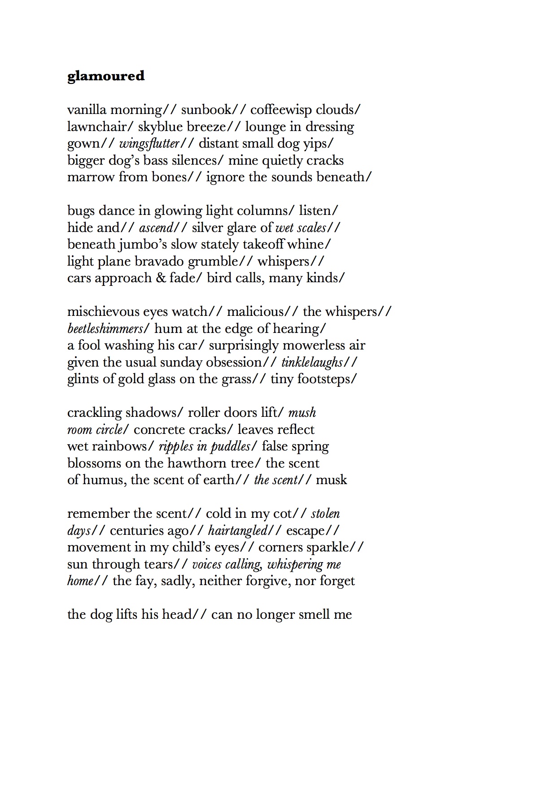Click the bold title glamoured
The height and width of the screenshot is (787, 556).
pos(106,76)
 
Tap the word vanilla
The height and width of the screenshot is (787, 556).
pos(87,110)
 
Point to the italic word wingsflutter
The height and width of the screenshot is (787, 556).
pos(149,144)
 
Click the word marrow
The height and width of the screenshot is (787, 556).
pos(91,177)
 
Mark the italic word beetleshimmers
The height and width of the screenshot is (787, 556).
pos(105,328)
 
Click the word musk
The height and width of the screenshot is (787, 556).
pos(331,480)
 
